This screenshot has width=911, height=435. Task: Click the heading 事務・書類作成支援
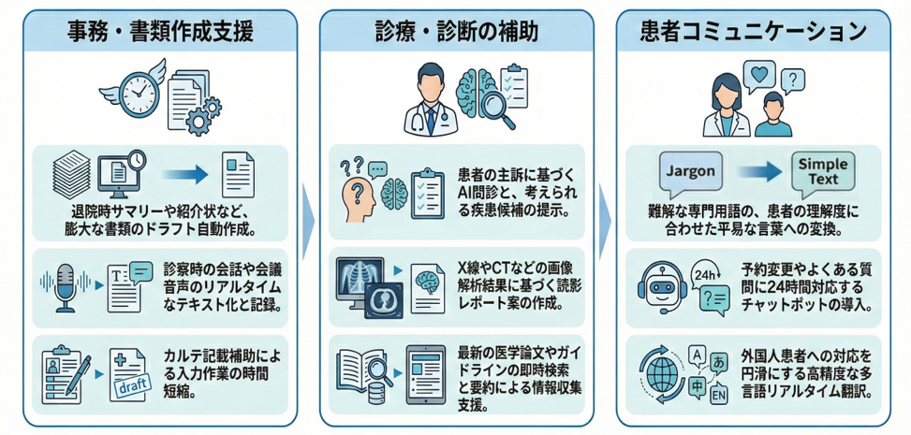[x=160, y=31]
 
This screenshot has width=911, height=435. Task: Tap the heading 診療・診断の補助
[x=456, y=31]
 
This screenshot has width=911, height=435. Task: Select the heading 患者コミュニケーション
[x=754, y=31]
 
